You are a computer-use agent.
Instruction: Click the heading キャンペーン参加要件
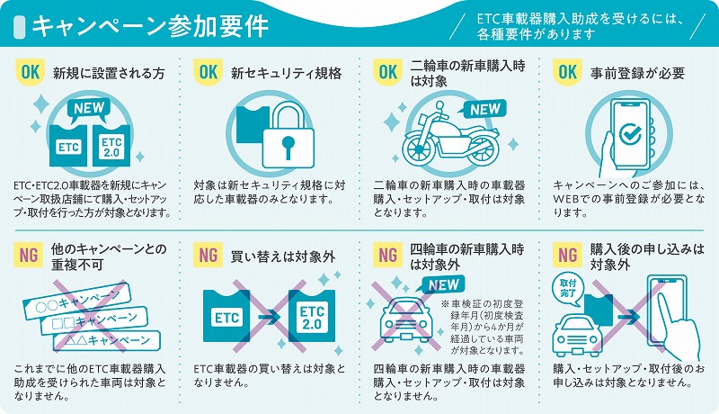(x=150, y=26)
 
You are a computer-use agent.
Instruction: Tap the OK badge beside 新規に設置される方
(x=31, y=72)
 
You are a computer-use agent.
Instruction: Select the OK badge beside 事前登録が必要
(x=568, y=72)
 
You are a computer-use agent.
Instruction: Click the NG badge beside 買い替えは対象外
(x=209, y=255)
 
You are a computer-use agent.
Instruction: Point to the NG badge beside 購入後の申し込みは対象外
(x=568, y=255)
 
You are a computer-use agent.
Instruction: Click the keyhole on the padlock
(x=288, y=147)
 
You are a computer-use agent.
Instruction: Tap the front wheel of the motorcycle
(x=418, y=148)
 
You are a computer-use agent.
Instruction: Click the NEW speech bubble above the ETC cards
(x=89, y=110)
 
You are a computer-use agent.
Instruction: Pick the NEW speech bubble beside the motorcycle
(x=483, y=110)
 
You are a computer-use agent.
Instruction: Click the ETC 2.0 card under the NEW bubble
(x=111, y=145)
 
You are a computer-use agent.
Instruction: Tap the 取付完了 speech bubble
(x=568, y=289)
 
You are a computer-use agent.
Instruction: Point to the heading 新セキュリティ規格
(x=286, y=73)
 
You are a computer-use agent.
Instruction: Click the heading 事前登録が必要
(x=637, y=73)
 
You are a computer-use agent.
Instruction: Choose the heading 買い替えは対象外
(x=283, y=256)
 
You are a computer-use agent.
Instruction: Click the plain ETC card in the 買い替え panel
(x=226, y=316)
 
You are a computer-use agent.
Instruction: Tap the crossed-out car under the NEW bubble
(x=405, y=320)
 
